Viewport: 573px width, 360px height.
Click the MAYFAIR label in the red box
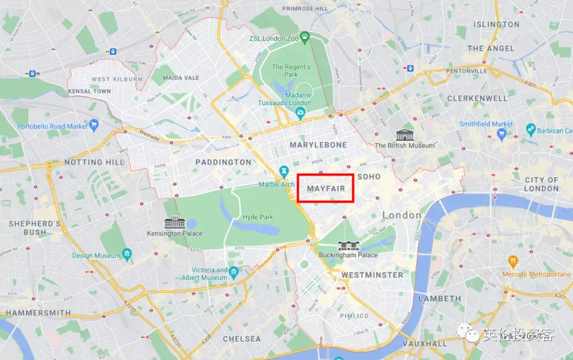(x=326, y=188)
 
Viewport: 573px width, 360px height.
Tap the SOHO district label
(x=369, y=176)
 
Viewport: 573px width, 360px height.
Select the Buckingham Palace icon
(x=349, y=245)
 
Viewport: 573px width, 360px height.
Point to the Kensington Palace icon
(x=175, y=223)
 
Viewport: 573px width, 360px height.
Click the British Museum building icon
(x=404, y=135)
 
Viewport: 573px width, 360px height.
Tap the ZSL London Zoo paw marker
(x=305, y=37)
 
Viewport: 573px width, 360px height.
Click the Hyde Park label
(x=257, y=217)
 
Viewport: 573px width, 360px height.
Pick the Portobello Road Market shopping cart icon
(x=94, y=125)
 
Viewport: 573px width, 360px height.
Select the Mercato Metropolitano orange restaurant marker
(x=513, y=261)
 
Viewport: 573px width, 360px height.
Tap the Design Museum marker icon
(x=127, y=254)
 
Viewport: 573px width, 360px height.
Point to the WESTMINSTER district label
(x=372, y=275)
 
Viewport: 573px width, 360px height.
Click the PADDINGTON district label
(x=223, y=162)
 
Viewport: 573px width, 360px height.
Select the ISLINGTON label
(x=496, y=24)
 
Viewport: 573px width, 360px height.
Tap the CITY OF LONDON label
(x=541, y=184)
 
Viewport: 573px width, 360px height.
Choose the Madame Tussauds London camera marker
(x=300, y=112)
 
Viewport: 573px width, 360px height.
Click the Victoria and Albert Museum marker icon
(x=234, y=272)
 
